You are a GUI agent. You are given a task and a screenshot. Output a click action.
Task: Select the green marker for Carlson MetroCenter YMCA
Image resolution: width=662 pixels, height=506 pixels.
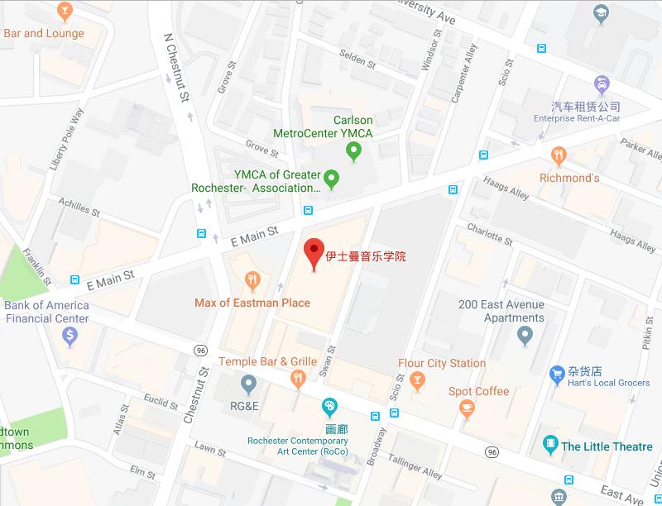point(354,150)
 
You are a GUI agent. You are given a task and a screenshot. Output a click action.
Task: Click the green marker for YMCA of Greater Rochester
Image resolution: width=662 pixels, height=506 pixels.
point(332,177)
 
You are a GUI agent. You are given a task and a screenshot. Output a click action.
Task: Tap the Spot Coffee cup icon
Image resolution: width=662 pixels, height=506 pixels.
point(468,408)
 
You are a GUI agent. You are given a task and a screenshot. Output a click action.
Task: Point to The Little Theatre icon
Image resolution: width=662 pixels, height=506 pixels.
point(549,446)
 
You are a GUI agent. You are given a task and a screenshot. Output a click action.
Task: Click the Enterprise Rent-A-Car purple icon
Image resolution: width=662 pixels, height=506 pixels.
point(602,84)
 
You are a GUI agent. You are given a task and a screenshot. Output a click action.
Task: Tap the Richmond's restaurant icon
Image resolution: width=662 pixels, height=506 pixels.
point(559,155)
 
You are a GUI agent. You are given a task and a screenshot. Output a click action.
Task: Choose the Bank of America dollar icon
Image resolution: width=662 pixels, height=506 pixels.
point(70,335)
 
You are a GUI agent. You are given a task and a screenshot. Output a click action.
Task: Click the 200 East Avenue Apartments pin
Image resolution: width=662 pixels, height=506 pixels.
point(524,336)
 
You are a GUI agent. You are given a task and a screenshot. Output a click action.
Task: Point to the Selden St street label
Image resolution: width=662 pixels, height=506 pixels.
point(358,60)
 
